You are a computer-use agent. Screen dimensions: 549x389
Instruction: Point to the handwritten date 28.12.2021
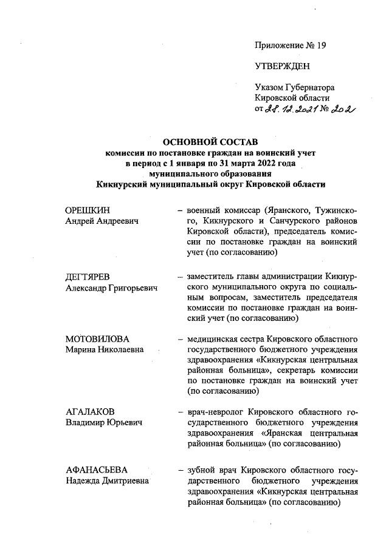pos(294,109)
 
